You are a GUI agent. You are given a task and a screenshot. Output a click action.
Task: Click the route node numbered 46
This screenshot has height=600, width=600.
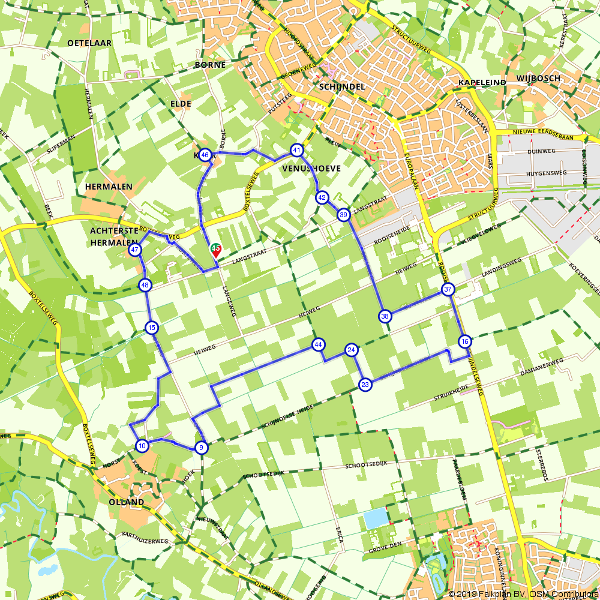pos(205,155)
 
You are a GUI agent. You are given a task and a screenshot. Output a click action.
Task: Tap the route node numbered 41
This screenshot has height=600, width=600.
pos(297,149)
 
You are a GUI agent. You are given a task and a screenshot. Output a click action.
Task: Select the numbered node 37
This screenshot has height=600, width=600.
pos(448,290)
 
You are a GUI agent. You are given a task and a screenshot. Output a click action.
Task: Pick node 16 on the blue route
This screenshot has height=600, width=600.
pos(464,341)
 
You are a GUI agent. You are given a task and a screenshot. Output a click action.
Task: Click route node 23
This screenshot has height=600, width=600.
pos(365,385)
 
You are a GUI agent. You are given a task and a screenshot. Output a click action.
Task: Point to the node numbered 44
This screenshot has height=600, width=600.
pos(318,344)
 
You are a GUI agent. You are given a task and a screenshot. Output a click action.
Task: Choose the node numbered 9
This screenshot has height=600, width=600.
pos(202,447)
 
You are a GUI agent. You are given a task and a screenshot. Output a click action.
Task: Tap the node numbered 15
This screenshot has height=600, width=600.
pos(151,327)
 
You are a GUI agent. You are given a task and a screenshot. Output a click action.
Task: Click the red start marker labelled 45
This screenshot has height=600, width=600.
pos(215,249)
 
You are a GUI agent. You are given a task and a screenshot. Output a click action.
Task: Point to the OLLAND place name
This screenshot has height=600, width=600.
pos(126,502)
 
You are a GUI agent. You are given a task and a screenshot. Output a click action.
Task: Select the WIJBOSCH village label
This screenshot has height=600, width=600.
pos(538,79)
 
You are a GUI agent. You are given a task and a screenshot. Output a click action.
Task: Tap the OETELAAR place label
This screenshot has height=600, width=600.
pos(89,43)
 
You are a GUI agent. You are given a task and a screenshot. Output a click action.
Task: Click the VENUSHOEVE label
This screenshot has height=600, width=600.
pos(311,169)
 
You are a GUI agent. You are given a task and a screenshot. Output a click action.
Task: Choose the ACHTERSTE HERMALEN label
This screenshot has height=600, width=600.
pos(110,236)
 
